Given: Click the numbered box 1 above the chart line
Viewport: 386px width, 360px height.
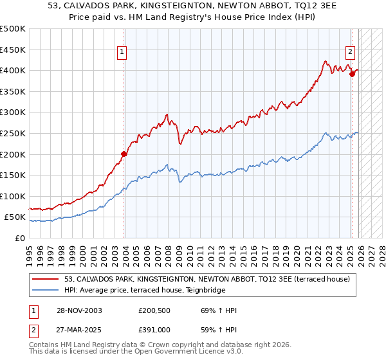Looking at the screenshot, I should (x=122, y=53).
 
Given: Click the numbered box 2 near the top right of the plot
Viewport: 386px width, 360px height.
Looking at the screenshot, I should (x=350, y=53).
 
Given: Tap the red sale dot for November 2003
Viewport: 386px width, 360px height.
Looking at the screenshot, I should (x=124, y=154).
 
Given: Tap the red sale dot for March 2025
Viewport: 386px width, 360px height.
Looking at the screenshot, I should (x=353, y=74).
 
